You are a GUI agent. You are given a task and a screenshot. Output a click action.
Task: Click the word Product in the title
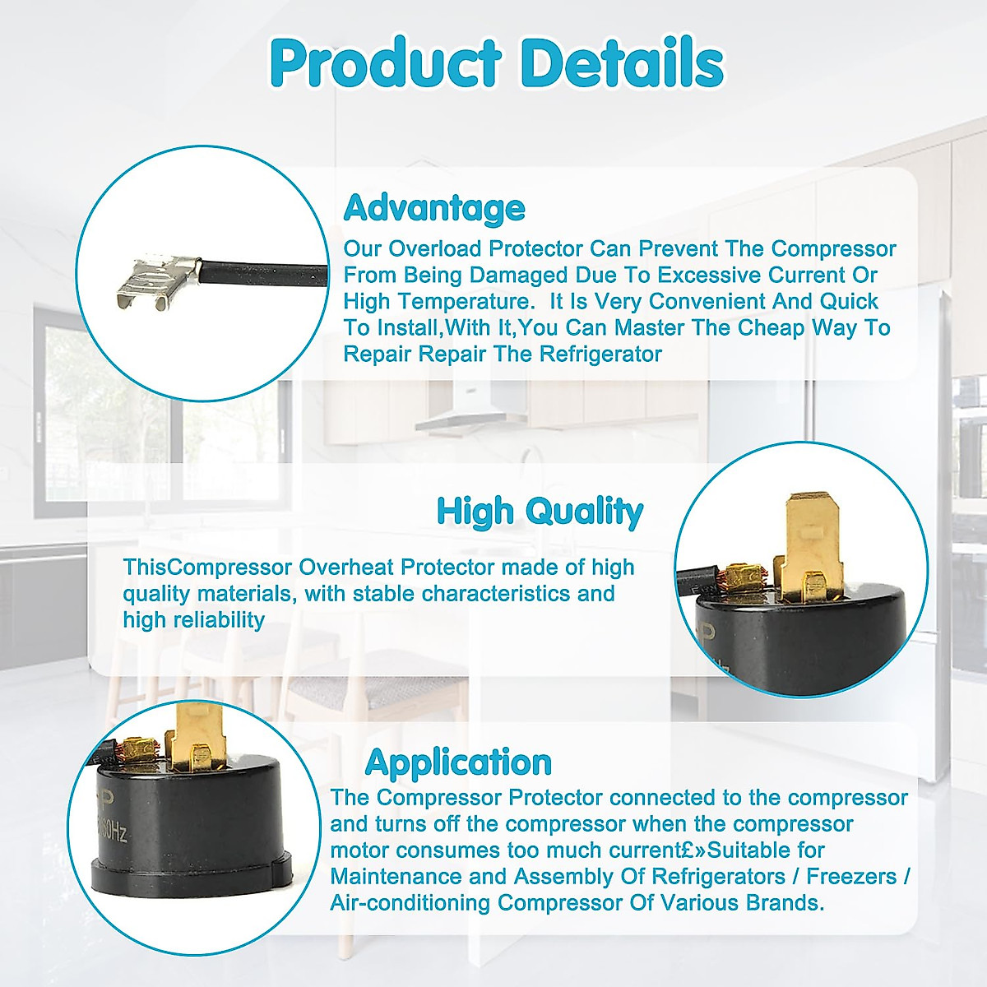point(385,63)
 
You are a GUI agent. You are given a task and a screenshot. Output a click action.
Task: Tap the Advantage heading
point(434,208)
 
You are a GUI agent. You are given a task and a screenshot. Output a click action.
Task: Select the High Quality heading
point(540,511)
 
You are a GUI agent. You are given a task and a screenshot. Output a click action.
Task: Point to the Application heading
point(458,762)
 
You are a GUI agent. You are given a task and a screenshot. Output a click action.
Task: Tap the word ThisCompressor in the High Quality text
point(207,567)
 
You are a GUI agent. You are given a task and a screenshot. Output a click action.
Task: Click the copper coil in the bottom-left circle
point(132,748)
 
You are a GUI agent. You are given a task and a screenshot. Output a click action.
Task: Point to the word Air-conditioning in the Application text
point(410,902)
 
